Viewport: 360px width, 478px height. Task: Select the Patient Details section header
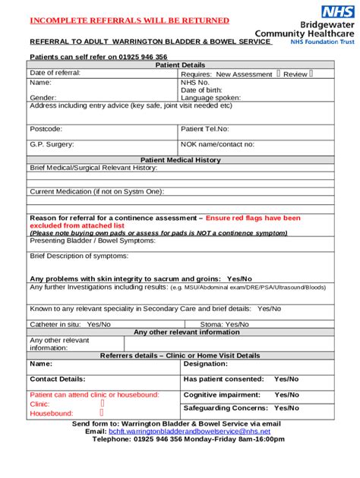click(x=180, y=65)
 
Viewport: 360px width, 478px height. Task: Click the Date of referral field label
click(x=55, y=74)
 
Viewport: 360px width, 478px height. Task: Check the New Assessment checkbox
click(x=279, y=74)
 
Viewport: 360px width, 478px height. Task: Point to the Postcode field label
click(x=46, y=129)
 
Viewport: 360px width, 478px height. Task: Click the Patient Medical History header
click(x=180, y=160)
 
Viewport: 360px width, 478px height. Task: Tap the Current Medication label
click(x=96, y=191)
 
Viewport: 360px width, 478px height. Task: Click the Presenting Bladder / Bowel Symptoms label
click(x=92, y=241)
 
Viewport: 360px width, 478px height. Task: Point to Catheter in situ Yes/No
click(x=70, y=324)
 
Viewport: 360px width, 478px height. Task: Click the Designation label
click(x=206, y=364)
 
